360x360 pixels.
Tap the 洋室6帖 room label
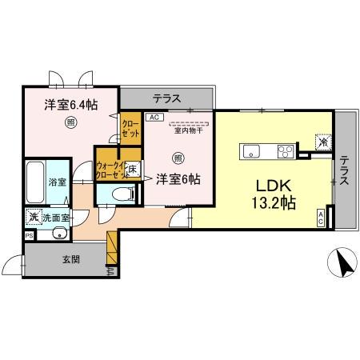177,178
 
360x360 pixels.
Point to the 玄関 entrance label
71,258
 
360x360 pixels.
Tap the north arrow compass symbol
342,262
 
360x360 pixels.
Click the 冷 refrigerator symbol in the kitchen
322,143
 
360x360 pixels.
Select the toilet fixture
120,193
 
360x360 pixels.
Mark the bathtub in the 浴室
36,183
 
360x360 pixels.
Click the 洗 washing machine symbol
33,216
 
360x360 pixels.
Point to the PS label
29,236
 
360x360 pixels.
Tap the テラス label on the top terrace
166,100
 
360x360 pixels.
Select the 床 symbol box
134,169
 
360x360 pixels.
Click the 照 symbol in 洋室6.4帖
70,123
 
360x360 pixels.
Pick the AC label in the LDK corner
321,216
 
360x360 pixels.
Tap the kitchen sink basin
250,150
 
